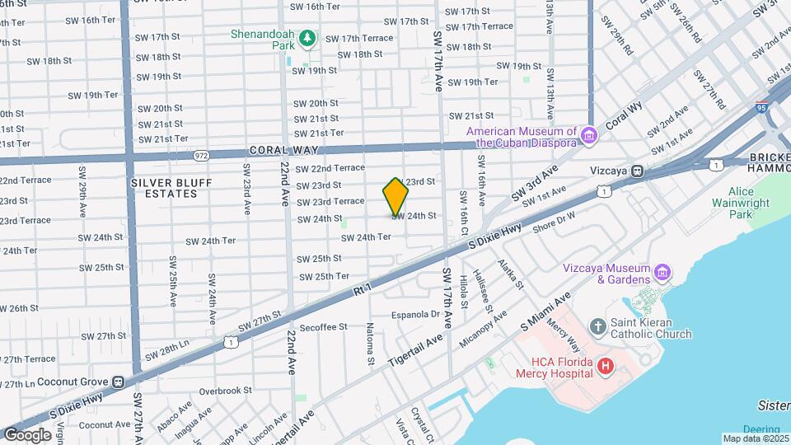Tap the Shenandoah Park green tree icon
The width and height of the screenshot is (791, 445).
[x=307, y=38]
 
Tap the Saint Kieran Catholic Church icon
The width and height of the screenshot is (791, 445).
[x=598, y=328]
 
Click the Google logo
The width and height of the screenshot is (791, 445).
[x=27, y=434]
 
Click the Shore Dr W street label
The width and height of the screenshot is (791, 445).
[x=554, y=222]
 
